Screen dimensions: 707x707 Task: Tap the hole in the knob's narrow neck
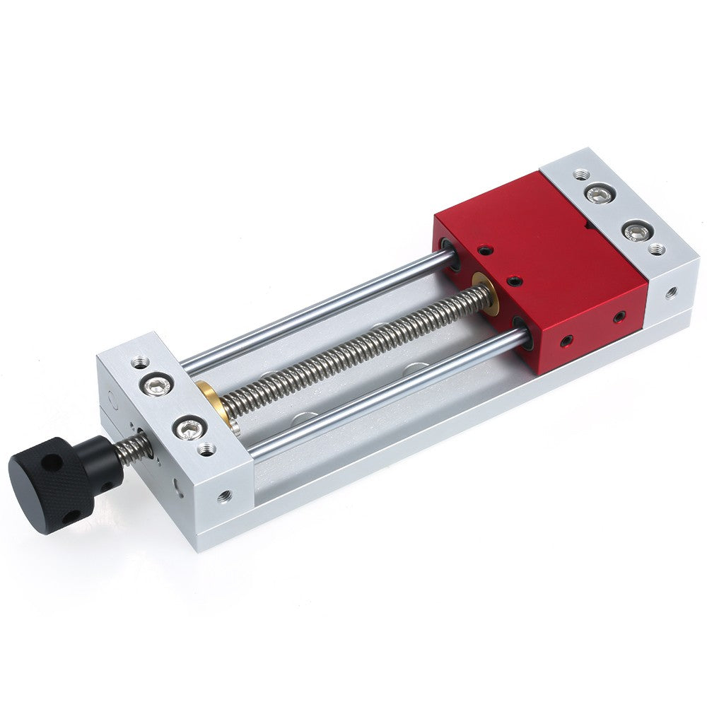[106, 487]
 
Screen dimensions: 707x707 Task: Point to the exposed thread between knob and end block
[135, 450]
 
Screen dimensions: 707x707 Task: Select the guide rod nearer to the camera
[389, 396]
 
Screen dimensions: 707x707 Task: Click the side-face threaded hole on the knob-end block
[224, 496]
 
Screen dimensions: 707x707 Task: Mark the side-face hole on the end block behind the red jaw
[670, 291]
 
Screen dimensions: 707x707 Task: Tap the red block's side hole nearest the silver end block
[619, 316]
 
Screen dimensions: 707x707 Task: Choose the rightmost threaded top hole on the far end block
[657, 249]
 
